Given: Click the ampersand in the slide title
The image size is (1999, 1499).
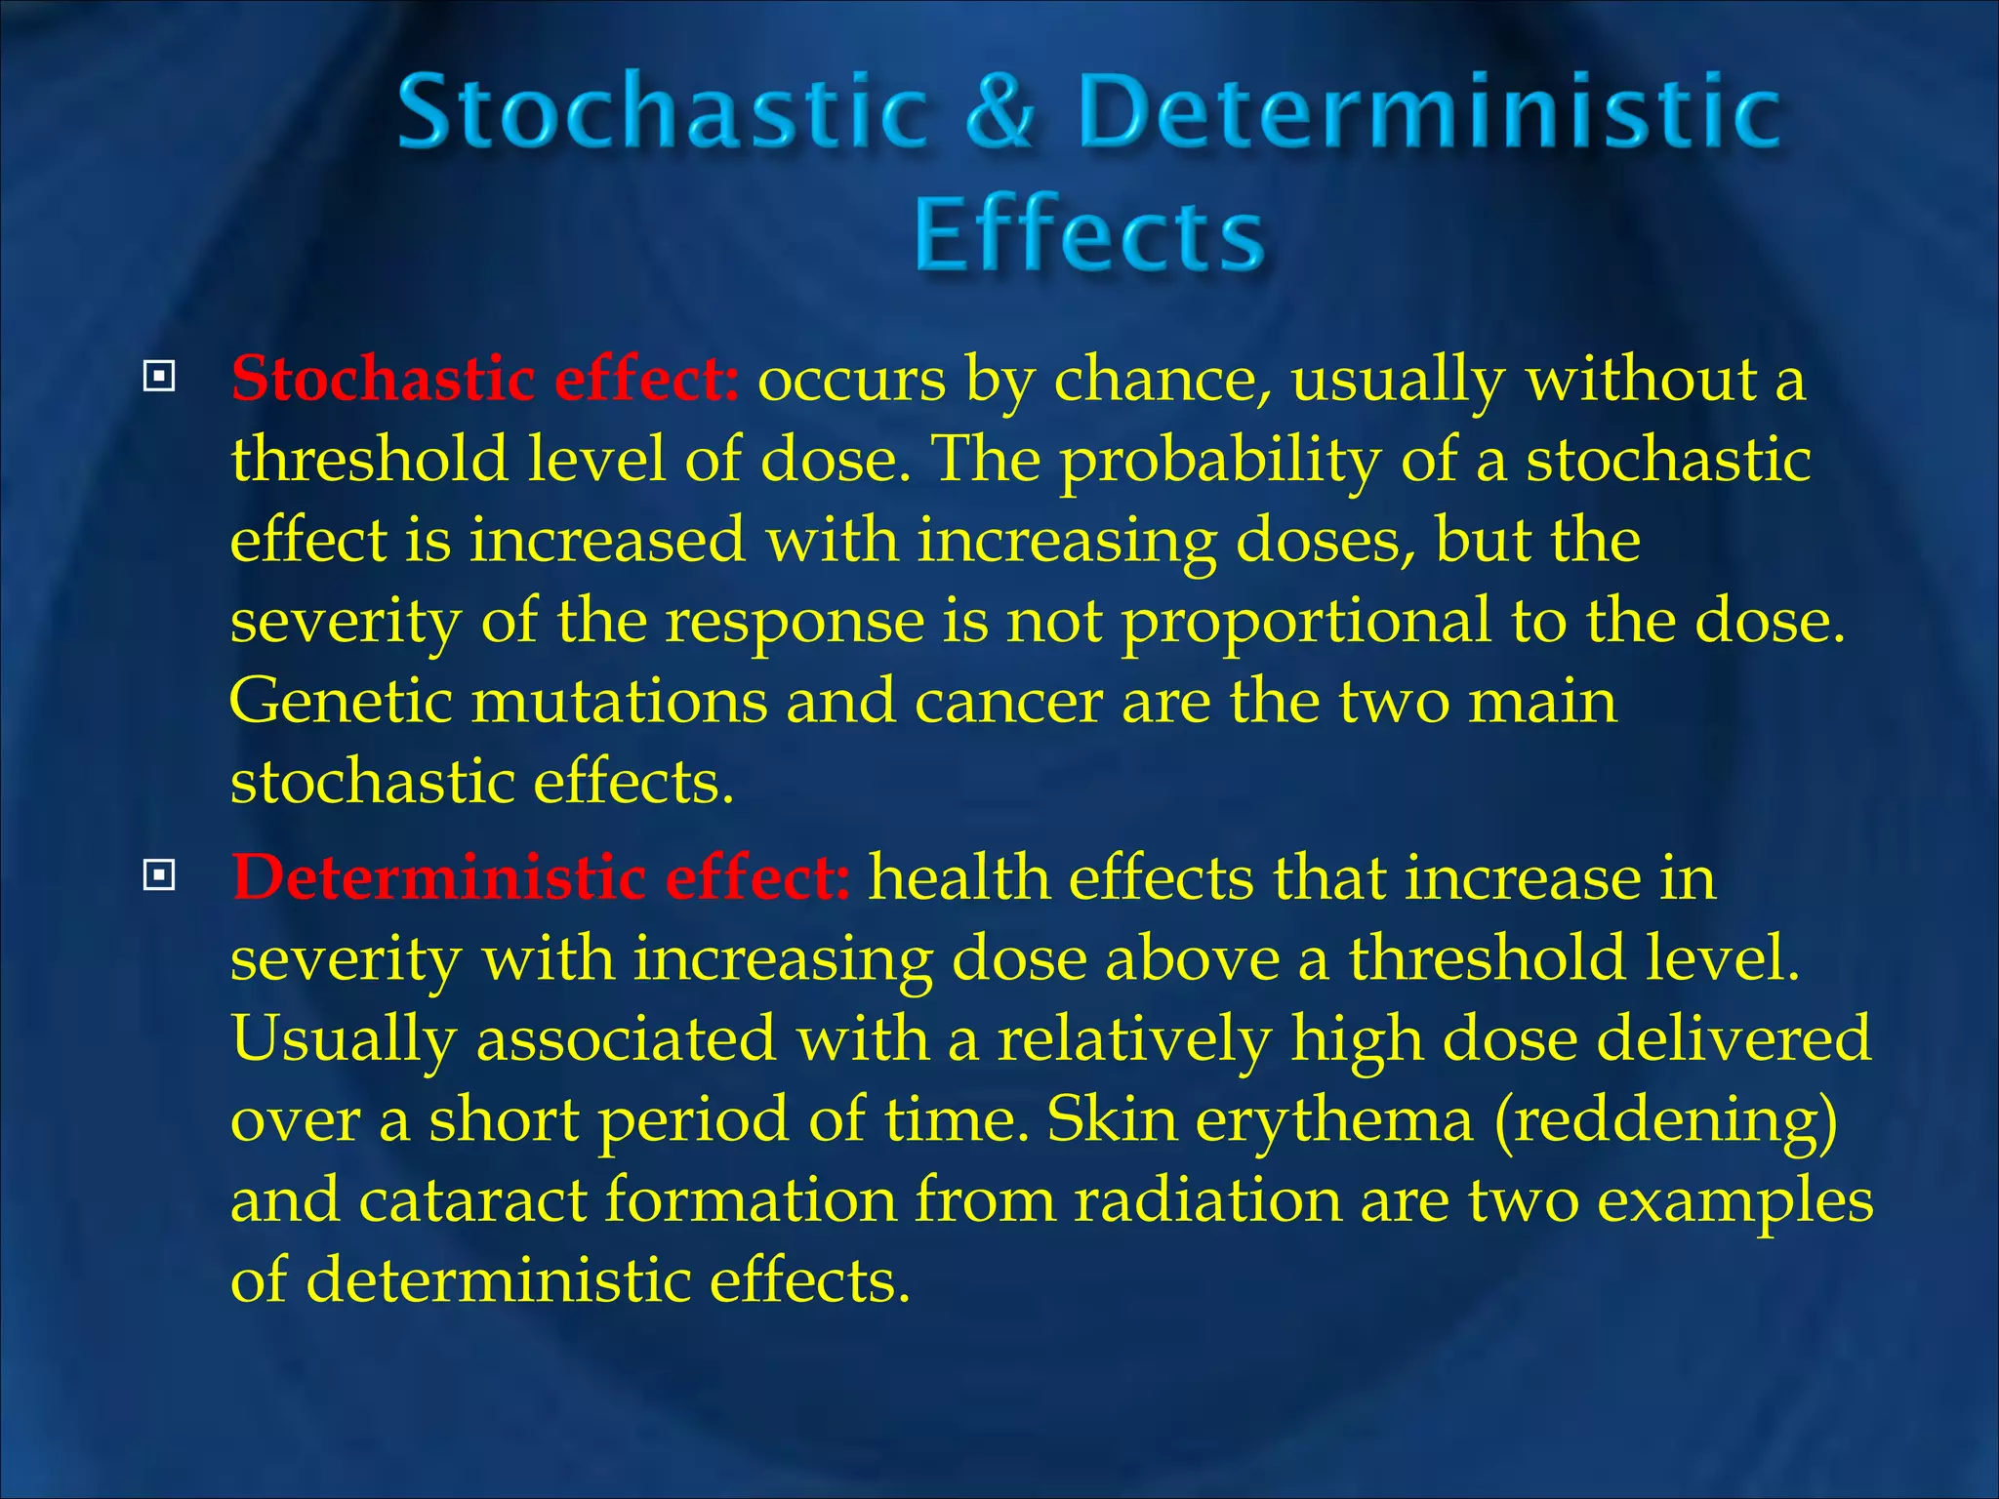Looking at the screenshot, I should (999, 113).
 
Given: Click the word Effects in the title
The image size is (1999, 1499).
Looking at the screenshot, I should (1089, 234).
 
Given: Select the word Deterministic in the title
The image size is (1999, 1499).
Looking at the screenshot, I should (1430, 113).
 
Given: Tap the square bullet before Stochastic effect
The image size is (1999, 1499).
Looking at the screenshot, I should (159, 377).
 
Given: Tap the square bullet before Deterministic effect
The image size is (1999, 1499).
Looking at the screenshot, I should (159, 875).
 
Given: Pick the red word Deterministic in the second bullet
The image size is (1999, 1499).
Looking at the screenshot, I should (439, 877).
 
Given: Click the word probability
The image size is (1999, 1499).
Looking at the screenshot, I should (1220, 461).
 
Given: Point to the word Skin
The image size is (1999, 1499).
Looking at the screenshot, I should (1112, 1119).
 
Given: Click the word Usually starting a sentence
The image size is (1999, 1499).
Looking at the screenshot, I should (344, 1039).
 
